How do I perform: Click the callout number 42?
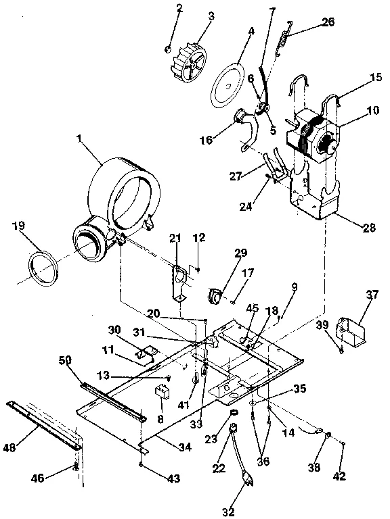[339, 476]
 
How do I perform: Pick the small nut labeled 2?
[168, 48]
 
